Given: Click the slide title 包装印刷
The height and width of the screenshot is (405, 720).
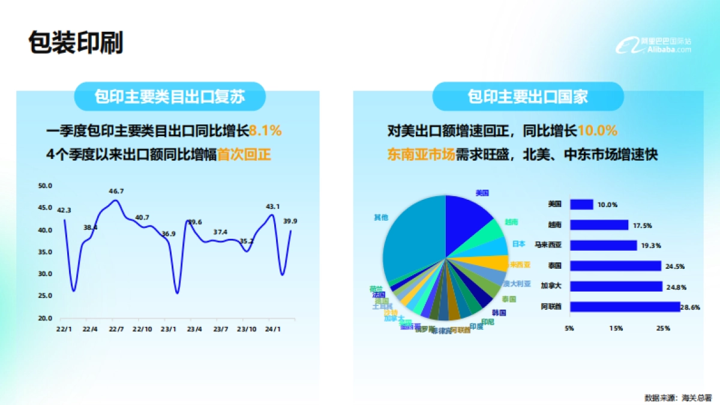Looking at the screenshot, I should click(x=76, y=44).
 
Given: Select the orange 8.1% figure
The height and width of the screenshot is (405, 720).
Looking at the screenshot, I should click(x=265, y=130).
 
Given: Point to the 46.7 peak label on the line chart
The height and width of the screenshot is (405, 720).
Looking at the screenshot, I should click(x=116, y=191).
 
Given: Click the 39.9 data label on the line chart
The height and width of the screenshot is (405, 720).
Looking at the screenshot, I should click(x=290, y=221).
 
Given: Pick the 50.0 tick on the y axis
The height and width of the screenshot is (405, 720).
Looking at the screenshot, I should click(x=46, y=185).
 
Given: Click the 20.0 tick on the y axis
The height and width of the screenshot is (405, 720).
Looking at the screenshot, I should click(x=46, y=318).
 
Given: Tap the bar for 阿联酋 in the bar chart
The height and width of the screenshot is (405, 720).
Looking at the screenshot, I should click(x=625, y=307).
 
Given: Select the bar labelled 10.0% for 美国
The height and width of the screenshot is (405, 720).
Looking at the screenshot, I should click(x=581, y=205).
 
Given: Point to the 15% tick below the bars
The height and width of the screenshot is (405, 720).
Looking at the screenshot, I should click(x=616, y=329).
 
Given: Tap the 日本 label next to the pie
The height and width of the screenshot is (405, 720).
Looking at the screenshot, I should click(x=519, y=244).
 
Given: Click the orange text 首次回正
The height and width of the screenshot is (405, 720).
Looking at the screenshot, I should click(x=244, y=154).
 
